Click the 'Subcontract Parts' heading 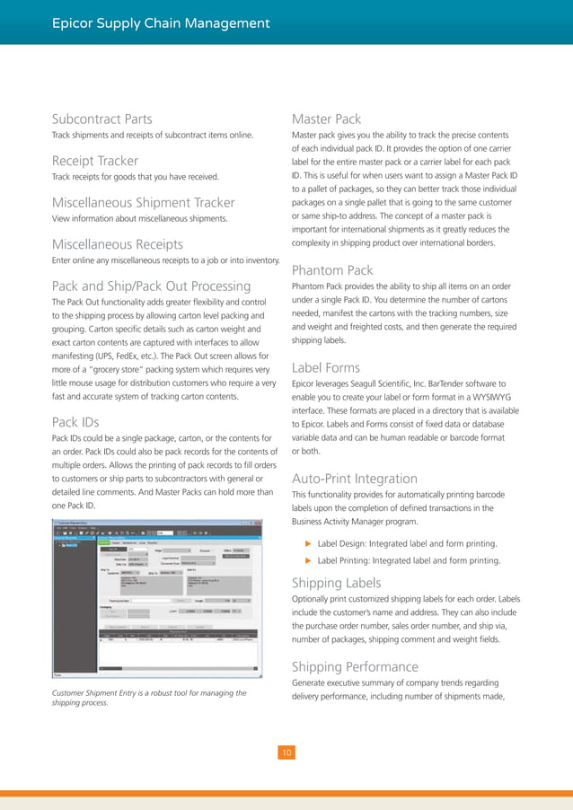(x=101, y=119)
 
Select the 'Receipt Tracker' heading (x=94, y=161)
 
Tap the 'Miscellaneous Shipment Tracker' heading (x=143, y=202)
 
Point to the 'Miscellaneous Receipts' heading (x=118, y=244)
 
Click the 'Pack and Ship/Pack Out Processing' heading (x=151, y=286)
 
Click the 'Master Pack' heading (x=327, y=119)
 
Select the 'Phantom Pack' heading (x=333, y=269)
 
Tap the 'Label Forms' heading (x=326, y=366)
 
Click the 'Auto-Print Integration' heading (x=355, y=479)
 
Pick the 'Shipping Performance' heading (x=355, y=666)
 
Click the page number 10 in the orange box (x=286, y=753)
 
